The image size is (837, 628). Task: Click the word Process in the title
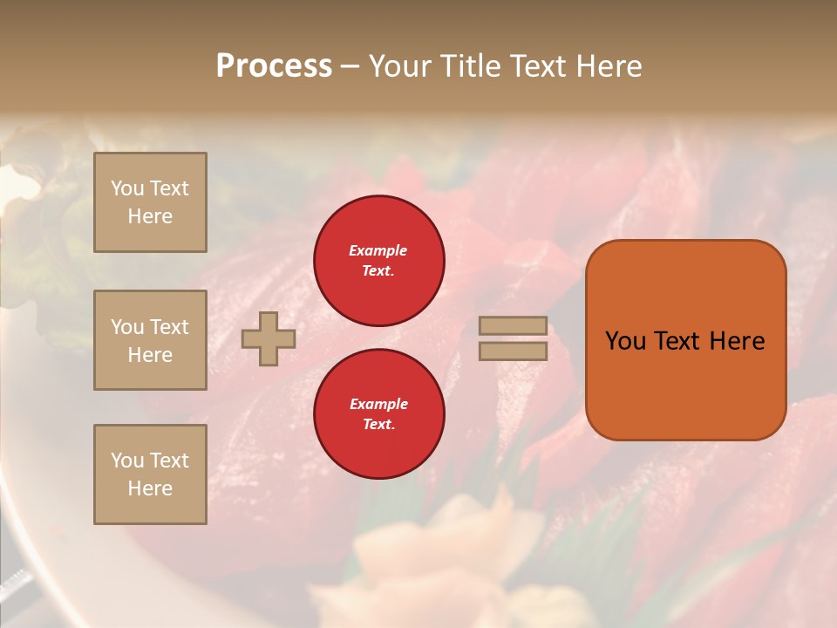coord(274,66)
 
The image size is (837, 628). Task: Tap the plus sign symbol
coord(269,338)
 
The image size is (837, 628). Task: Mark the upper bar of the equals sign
coord(514,325)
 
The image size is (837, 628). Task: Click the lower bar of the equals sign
coord(514,351)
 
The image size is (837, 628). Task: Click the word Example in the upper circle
coord(378,250)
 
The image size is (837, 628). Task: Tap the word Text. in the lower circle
coord(378,424)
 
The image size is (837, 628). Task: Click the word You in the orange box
coord(625,341)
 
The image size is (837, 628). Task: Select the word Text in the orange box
coord(677,341)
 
